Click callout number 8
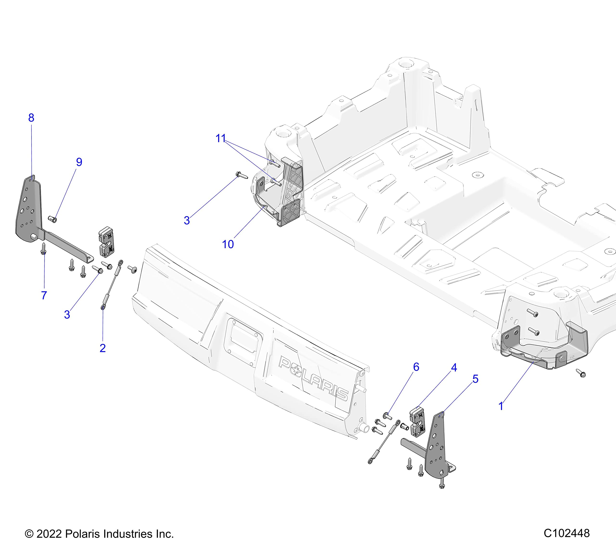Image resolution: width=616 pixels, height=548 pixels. (31, 118)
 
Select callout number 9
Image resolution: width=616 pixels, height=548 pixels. (79, 162)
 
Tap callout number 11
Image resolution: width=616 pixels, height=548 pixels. (221, 138)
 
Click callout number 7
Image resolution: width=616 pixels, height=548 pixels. (44, 295)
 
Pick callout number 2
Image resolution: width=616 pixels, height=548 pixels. (103, 348)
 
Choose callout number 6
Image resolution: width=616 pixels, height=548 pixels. (416, 367)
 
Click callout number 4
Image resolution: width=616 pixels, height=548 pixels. (454, 367)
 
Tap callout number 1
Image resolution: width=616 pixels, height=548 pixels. (501, 406)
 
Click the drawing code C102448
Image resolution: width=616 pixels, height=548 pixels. (567, 533)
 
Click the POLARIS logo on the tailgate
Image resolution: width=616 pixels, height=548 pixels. (314, 378)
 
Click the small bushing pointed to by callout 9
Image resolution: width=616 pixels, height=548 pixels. (53, 219)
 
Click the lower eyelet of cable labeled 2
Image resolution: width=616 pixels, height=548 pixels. (103, 307)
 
